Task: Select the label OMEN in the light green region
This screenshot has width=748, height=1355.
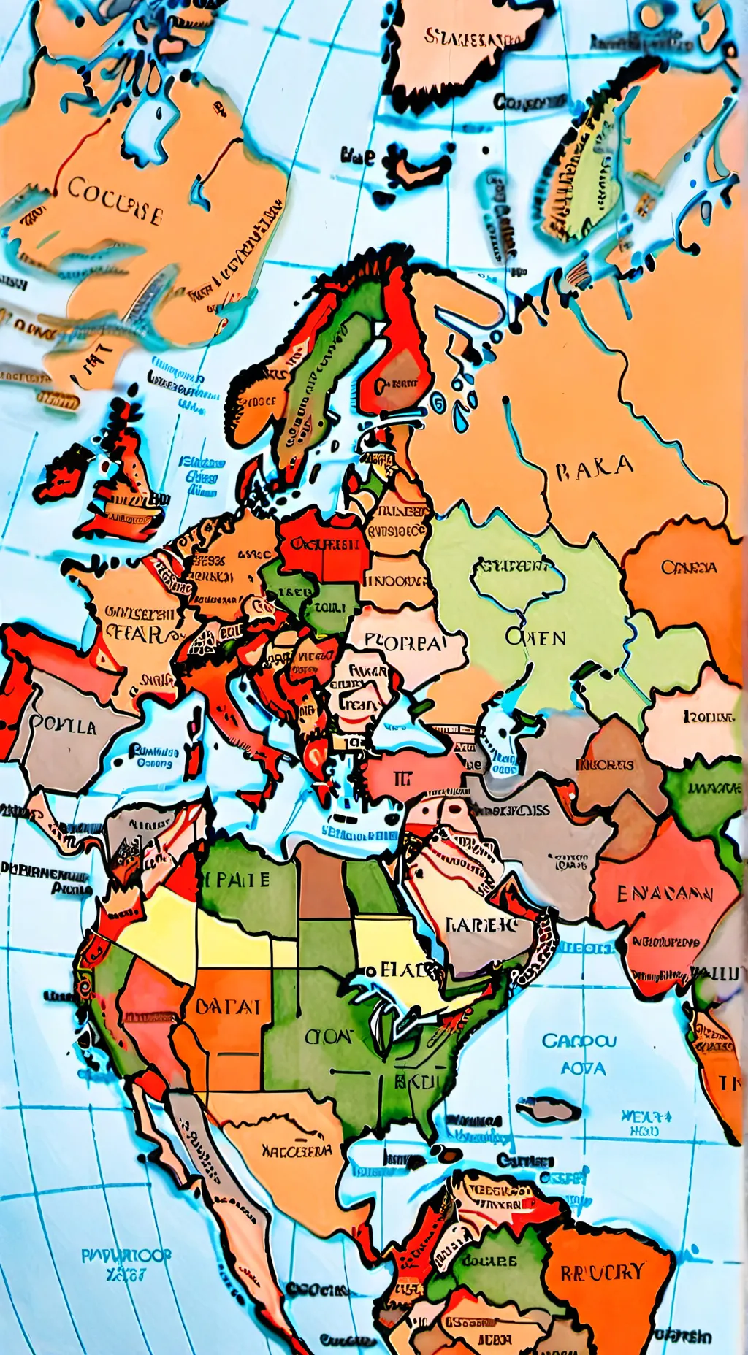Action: pyautogui.click(x=535, y=637)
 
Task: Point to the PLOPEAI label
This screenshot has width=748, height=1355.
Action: pyautogui.click(x=404, y=643)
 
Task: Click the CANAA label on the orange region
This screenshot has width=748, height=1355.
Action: pyautogui.click(x=689, y=567)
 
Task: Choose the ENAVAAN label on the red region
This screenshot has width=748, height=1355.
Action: pyautogui.click(x=665, y=894)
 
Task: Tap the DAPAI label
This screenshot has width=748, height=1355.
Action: pyautogui.click(x=228, y=1007)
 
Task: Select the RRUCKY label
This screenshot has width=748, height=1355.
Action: pyautogui.click(x=603, y=1273)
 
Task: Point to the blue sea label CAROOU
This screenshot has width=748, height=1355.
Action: pyautogui.click(x=579, y=1040)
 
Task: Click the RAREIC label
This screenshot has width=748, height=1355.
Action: pyautogui.click(x=481, y=925)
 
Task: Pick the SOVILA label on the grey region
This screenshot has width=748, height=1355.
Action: pyautogui.click(x=64, y=726)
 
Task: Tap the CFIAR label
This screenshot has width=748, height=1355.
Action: pyautogui.click(x=137, y=633)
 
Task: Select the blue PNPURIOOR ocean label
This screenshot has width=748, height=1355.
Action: pyautogui.click(x=126, y=1256)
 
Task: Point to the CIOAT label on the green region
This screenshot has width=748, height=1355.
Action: pyautogui.click(x=329, y=1036)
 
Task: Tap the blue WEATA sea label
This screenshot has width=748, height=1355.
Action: pyautogui.click(x=646, y=1116)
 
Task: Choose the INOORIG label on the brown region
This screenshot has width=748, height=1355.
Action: pyautogui.click(x=605, y=765)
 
